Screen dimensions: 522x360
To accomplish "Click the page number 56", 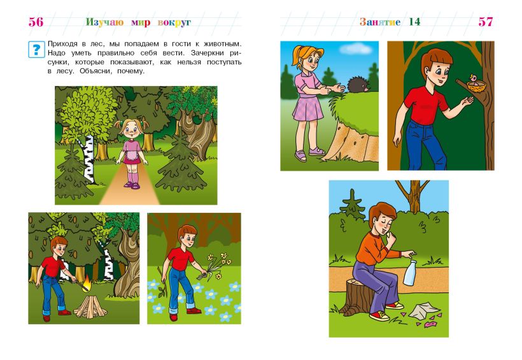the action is pyautogui.click(x=36, y=22).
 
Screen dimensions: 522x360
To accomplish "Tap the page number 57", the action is pyautogui.click(x=485, y=22).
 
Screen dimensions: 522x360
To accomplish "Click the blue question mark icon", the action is pyautogui.click(x=36, y=49).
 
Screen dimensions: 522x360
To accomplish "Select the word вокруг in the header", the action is pyautogui.click(x=174, y=22).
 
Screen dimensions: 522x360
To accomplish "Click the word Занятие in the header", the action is pyautogui.click(x=380, y=22).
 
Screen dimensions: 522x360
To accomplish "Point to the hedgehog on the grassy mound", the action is pyautogui.click(x=358, y=85).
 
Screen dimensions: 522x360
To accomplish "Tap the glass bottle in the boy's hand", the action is pyautogui.click(x=409, y=273).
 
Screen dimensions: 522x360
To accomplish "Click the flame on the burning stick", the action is pyautogui.click(x=87, y=283).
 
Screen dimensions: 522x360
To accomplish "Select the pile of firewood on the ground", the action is pyautogui.click(x=90, y=306).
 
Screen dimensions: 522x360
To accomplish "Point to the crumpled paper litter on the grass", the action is pyautogui.click(x=420, y=310).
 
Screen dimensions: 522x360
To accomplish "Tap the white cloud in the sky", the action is pyautogui.click(x=356, y=49).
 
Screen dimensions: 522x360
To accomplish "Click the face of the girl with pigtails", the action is pyautogui.click(x=132, y=130).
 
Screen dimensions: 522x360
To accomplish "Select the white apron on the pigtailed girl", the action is pyautogui.click(x=133, y=155).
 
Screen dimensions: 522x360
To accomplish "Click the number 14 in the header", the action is pyautogui.click(x=414, y=22).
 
